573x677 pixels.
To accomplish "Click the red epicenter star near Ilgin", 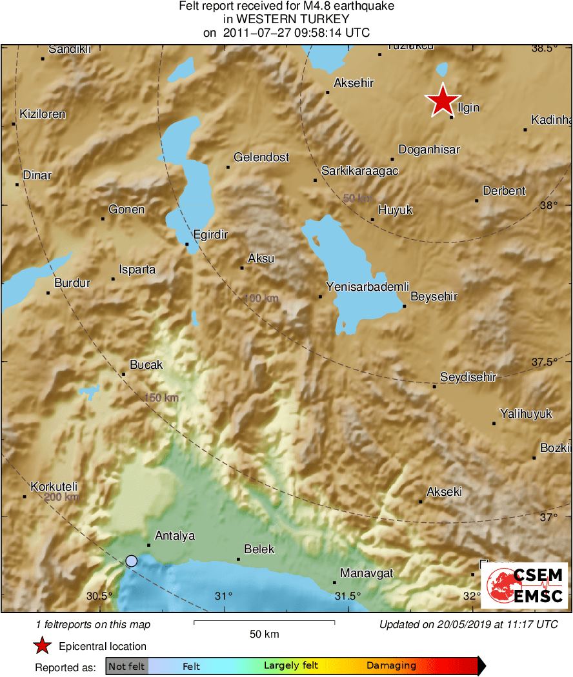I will [x=443, y=101].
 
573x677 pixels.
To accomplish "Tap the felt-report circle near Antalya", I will [x=132, y=561].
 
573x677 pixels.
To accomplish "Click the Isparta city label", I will [x=137, y=270].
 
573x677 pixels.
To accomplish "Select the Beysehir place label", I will [x=434, y=297].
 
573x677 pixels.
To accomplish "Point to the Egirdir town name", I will [x=210, y=235].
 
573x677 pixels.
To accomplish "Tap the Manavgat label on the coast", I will [x=367, y=573].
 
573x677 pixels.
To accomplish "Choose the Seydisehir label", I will [x=468, y=377].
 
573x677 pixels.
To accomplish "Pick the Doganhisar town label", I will [x=429, y=150].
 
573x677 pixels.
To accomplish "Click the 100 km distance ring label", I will [x=261, y=299].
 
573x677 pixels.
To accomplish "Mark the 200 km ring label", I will [x=62, y=497].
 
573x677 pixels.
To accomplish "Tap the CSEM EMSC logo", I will [x=527, y=585].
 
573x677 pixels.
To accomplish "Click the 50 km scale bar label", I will [x=265, y=634].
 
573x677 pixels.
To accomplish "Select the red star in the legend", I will [x=43, y=646].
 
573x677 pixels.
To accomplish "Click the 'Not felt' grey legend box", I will [x=126, y=666].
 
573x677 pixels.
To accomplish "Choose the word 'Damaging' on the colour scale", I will [x=391, y=666].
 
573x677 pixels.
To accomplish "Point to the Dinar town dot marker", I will [x=17, y=184].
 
